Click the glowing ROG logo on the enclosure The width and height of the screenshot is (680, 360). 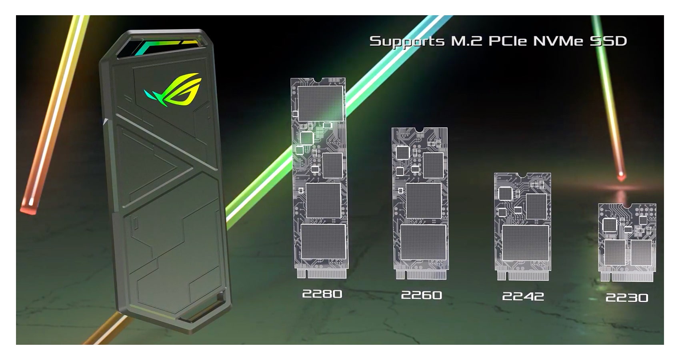[173, 90]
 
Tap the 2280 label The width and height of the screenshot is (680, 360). [322, 294]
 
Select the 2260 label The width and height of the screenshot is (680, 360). [421, 295]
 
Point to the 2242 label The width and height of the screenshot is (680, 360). [523, 296]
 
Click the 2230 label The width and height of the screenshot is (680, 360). [627, 298]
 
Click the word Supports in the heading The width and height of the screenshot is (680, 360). [407, 41]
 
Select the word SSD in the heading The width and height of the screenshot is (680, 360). [608, 41]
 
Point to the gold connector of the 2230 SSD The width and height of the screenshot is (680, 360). [627, 277]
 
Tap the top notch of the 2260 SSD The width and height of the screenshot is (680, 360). [420, 130]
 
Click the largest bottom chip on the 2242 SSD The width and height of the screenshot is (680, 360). [525, 243]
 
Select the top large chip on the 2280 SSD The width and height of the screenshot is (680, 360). [321, 104]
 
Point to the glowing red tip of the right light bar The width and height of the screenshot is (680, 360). [621, 175]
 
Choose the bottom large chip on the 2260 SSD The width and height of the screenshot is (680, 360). [423, 242]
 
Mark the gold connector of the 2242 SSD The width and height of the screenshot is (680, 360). [523, 276]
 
